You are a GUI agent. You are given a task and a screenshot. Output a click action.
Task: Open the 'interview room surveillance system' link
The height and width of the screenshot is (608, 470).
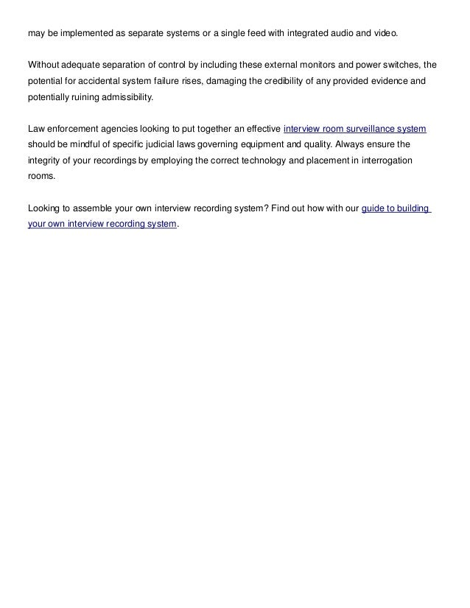pyautogui.click(x=354, y=129)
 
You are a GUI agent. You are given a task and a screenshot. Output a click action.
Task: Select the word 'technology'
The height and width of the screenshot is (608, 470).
pyautogui.click(x=270, y=160)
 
